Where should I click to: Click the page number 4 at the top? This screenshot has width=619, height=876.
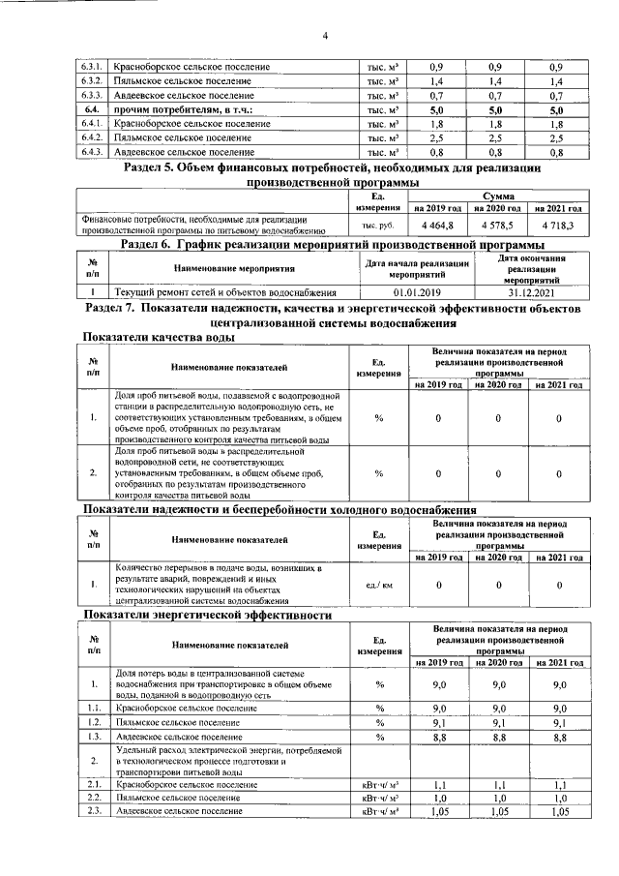(x=325, y=37)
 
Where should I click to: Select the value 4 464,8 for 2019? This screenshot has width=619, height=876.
(x=438, y=225)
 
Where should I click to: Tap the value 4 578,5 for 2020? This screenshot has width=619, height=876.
(x=497, y=225)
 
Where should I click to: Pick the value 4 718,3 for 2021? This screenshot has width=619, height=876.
(x=559, y=225)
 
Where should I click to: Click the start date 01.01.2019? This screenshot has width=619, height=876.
(x=417, y=291)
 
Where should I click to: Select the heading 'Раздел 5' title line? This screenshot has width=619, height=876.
(x=334, y=168)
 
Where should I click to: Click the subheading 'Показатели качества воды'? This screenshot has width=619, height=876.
(x=160, y=337)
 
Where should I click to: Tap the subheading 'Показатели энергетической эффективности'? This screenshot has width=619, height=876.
(x=208, y=615)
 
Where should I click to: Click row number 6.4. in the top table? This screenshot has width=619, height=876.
(x=94, y=110)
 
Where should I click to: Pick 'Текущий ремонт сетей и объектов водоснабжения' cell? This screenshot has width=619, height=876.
(x=225, y=291)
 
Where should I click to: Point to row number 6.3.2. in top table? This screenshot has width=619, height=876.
(x=94, y=82)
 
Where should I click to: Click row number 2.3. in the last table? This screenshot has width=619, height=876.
(x=94, y=810)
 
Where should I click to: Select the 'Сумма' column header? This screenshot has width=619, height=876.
(x=497, y=195)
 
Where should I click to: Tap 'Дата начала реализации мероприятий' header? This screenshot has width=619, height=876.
(x=417, y=268)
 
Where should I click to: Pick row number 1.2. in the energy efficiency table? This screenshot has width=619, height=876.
(x=94, y=722)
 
